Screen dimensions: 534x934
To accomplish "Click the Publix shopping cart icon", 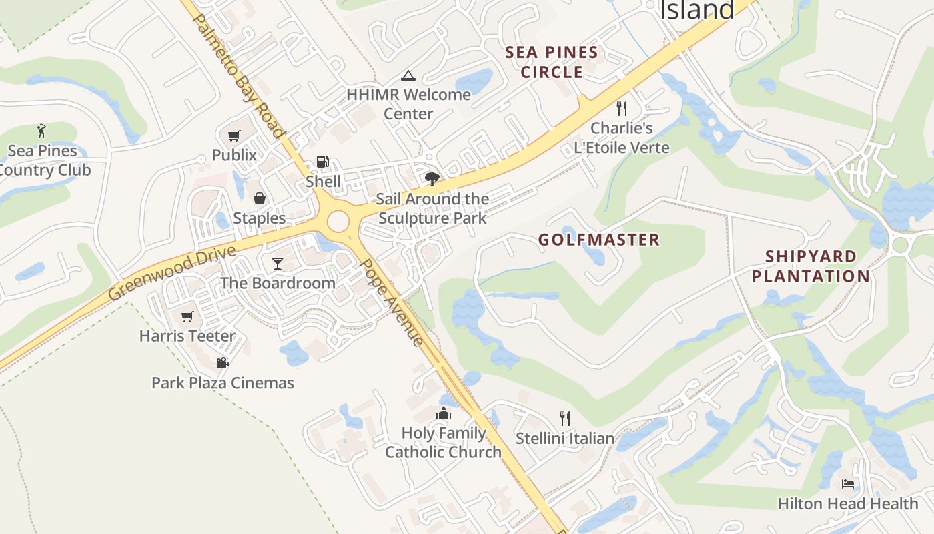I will point(233,136).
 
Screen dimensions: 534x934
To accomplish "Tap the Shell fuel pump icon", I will point(323,162).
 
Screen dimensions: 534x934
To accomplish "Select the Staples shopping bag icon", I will point(259,198).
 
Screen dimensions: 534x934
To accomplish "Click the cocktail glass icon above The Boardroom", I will point(278,264).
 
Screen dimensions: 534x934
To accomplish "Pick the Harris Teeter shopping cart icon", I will point(187,316).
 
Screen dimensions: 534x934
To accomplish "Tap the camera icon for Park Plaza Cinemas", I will point(222,362).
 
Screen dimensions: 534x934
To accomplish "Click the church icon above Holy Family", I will point(444,414).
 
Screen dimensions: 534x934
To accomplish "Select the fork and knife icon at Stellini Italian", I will point(565,419).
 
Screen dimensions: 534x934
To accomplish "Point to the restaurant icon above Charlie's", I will point(622,108).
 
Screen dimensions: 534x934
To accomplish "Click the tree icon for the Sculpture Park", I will point(432,178).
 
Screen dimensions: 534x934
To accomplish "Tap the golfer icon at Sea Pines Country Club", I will point(42,130).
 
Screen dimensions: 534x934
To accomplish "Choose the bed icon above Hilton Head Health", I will point(847,483).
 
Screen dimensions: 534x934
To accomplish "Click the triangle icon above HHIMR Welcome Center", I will point(408,75).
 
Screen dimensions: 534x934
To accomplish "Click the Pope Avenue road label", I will point(392,302).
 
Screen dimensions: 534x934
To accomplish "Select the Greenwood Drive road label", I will point(173,272).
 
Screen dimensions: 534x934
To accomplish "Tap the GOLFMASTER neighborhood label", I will point(599,240).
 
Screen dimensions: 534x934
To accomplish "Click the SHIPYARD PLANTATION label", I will point(811,266).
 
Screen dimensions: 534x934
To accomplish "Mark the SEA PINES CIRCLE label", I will point(552,62).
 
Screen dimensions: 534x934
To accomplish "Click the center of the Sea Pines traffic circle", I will point(338,220).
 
